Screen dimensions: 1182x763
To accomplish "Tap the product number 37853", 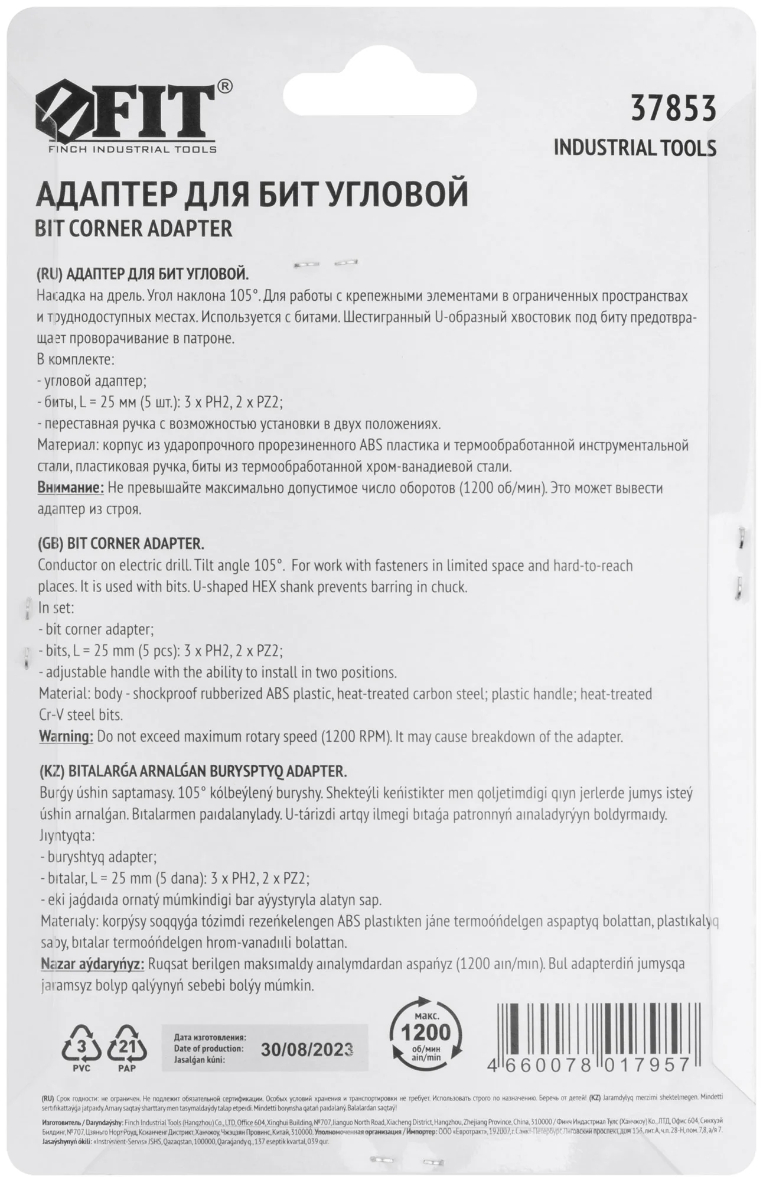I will pos(673,109).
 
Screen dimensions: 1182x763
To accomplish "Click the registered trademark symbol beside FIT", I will pos(225,86).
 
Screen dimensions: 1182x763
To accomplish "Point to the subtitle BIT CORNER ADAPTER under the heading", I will pos(135,229).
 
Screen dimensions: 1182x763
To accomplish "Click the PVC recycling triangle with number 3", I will pos(81,1049).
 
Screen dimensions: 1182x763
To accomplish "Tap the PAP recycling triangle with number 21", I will pos(127,1049).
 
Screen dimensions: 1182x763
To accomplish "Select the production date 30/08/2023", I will pos(307,1049).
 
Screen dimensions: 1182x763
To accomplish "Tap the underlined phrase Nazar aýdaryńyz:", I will pos(93,964).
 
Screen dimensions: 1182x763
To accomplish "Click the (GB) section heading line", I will pos(121,544).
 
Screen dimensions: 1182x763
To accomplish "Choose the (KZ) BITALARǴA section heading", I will pos(193,771).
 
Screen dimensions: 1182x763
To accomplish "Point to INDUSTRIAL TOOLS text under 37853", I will pos(635,148).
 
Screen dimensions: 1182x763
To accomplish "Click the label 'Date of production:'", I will pos(209,1048).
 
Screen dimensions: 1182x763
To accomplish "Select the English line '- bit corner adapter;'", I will pos(96,629).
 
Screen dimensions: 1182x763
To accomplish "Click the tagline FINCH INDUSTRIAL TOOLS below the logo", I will pos(132,150).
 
